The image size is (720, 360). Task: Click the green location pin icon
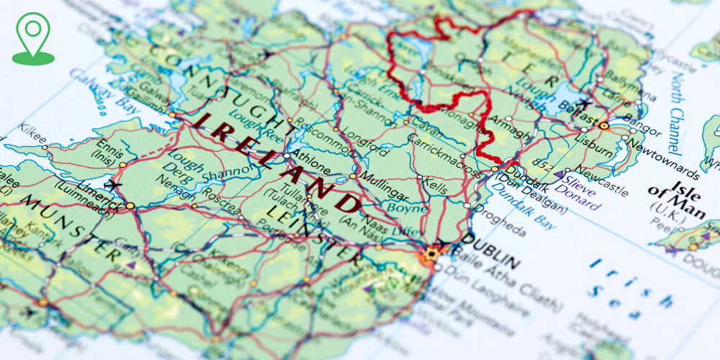[x=32, y=37]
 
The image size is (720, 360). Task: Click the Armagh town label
[x=510, y=132]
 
